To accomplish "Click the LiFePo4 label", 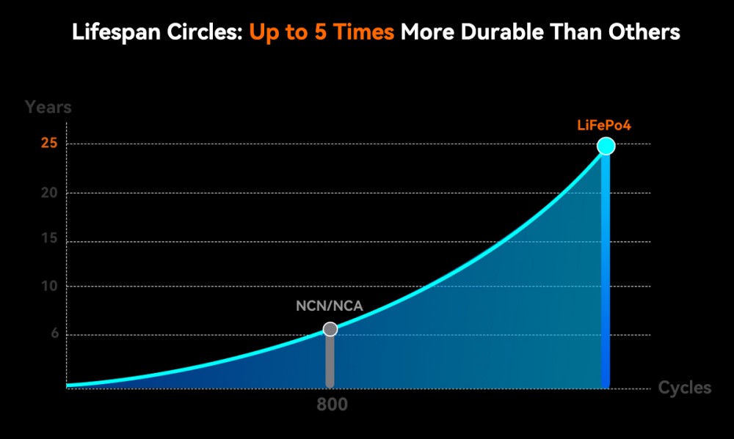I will pyautogui.click(x=604, y=125).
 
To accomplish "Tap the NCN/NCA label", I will pyautogui.click(x=329, y=306).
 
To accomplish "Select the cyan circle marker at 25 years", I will pyautogui.click(x=606, y=146).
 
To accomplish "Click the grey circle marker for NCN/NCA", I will pyautogui.click(x=330, y=329).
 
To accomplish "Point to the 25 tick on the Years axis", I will pyautogui.click(x=49, y=144).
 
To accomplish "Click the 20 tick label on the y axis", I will pyautogui.click(x=49, y=193).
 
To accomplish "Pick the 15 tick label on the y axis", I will pyautogui.click(x=49, y=241).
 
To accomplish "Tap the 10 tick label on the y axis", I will pyautogui.click(x=49, y=287).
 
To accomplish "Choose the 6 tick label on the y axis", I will pyautogui.click(x=54, y=335).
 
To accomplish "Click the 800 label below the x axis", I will pyautogui.click(x=333, y=405).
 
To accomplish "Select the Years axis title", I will pyautogui.click(x=48, y=107).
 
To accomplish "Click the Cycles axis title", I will pyautogui.click(x=684, y=388).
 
